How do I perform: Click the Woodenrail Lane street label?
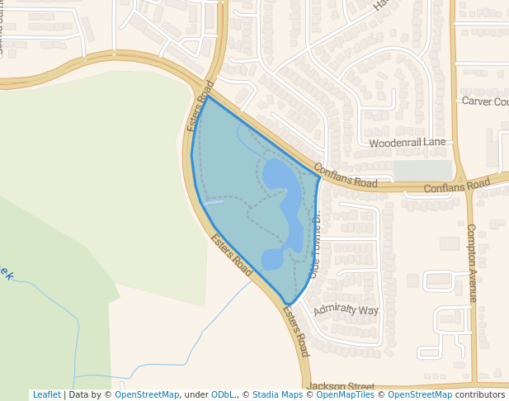coord(407,143)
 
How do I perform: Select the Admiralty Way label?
coord(346,311)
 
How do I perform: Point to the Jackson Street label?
coord(340,386)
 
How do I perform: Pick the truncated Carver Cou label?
coord(485,101)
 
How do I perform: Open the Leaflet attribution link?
coord(46,395)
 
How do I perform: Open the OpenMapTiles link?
coord(344,395)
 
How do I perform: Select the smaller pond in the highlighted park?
coord(273,258)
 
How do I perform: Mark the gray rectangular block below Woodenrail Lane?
coord(422,170)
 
